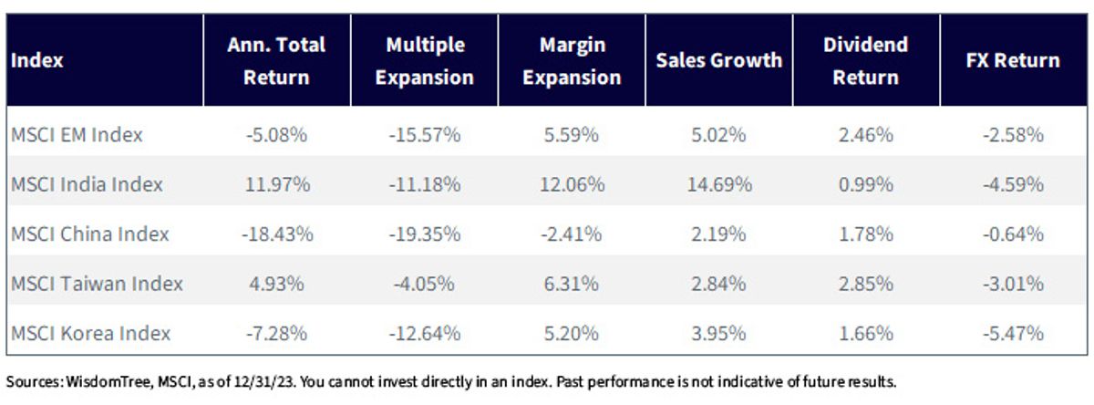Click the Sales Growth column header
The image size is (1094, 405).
pyautogui.click(x=719, y=60)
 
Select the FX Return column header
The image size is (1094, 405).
pyautogui.click(x=1013, y=60)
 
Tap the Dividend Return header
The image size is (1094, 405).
pyautogui.click(x=866, y=60)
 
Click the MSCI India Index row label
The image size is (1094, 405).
pyautogui.click(x=87, y=184)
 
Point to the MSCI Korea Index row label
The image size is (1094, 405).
pyautogui.click(x=91, y=333)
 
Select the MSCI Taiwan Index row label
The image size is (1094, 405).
pyautogui.click(x=97, y=284)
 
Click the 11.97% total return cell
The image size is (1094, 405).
pyautogui.click(x=277, y=184)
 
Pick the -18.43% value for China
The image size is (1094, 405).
pyautogui.click(x=277, y=234)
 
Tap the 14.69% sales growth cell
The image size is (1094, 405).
pyautogui.click(x=719, y=184)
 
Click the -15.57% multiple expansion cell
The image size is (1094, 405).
pyautogui.click(x=425, y=134)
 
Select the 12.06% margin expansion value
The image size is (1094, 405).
pyautogui.click(x=572, y=184)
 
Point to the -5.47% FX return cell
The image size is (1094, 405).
pyautogui.click(x=1013, y=333)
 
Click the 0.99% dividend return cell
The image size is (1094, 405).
pyautogui.click(x=866, y=184)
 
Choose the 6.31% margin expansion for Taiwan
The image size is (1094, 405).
pyautogui.click(x=572, y=284)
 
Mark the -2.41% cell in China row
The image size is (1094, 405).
pyautogui.click(x=572, y=234)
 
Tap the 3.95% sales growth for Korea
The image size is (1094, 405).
pyautogui.click(x=719, y=333)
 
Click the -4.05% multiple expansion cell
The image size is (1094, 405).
pyautogui.click(x=425, y=284)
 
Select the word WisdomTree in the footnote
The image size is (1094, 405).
pyautogui.click(x=108, y=381)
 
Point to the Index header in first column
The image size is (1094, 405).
pyautogui.click(x=37, y=60)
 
